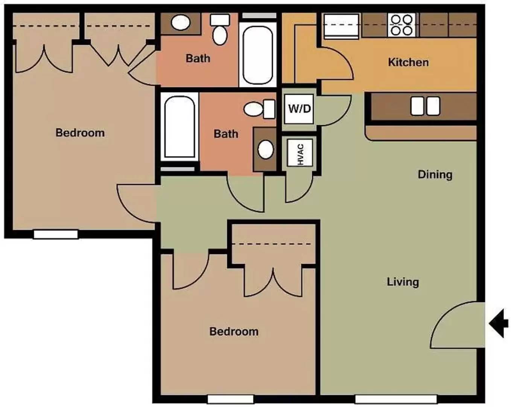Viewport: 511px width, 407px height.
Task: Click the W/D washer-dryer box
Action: coord(299,109)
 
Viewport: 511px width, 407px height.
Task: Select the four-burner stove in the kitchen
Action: coord(401,25)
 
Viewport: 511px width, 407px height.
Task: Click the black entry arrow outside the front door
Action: coord(499,323)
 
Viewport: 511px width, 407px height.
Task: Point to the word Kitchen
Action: coord(408,62)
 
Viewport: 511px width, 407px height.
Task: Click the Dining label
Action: coord(435,174)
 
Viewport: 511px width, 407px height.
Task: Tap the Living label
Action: coord(403,282)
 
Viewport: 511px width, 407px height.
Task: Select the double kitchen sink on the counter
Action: coord(425,106)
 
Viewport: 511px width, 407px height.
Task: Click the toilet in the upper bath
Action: coord(220,29)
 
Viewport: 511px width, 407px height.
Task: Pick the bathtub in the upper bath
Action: coord(258,55)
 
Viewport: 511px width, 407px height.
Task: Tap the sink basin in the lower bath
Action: coord(266,150)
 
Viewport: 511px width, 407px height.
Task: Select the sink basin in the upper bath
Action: coord(181,23)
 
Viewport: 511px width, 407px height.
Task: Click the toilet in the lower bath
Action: coord(259,109)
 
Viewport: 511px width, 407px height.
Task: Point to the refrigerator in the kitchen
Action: coord(341,26)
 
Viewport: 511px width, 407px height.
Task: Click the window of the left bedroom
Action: coord(56,234)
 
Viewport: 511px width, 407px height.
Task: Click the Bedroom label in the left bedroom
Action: coord(80,133)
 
